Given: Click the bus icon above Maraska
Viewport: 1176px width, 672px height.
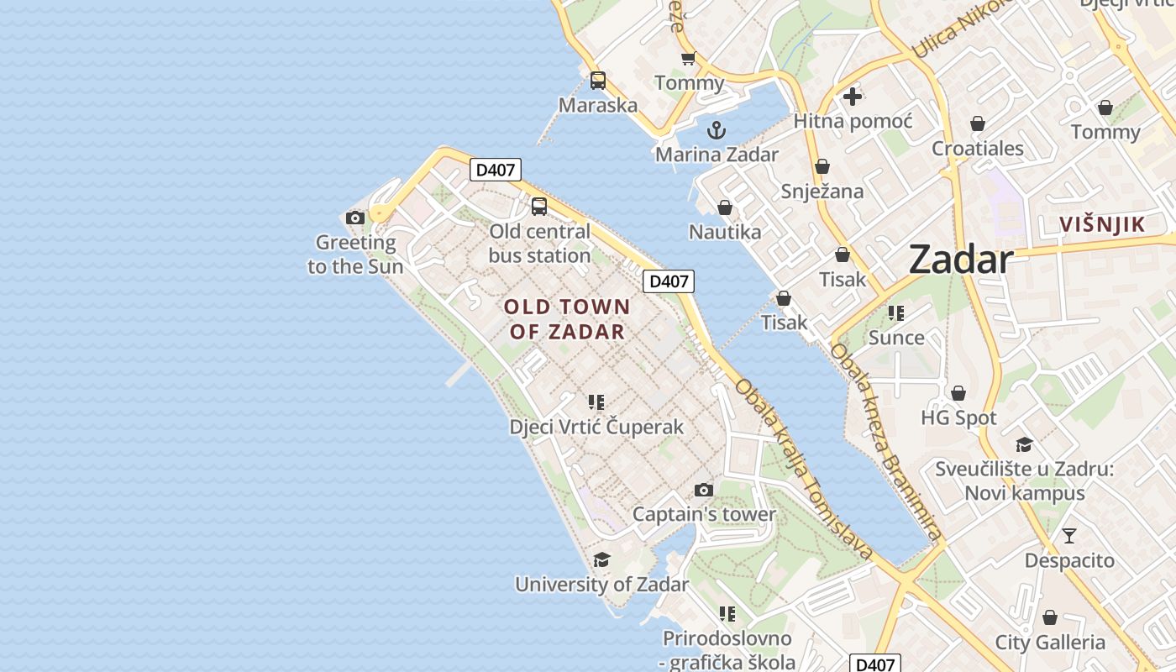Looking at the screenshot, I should tap(597, 81).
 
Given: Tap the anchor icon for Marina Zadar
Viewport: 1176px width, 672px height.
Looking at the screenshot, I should tap(717, 130).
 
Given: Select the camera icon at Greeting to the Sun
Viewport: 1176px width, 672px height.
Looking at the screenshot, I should tap(355, 218).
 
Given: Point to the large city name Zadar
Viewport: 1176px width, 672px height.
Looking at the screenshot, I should tap(961, 260).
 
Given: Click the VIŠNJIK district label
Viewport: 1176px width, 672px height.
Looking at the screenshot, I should tap(1102, 224).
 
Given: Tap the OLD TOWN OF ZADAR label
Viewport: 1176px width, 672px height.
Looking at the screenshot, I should tap(567, 319).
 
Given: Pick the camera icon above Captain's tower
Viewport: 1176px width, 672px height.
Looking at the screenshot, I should tap(704, 491).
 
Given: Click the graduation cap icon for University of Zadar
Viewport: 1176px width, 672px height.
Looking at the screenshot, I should tap(601, 560).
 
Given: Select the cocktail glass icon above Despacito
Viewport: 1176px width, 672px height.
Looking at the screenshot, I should tap(1068, 536).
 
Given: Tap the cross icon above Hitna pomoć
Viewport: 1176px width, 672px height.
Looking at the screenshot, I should tap(853, 97).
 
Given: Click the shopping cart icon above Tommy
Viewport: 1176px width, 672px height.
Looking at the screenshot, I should tap(689, 58).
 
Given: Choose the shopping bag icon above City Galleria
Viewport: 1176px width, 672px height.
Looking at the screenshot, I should tap(1050, 618).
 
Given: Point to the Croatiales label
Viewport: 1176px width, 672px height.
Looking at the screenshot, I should tap(977, 149).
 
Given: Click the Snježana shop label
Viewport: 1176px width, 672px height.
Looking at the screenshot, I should tap(822, 192).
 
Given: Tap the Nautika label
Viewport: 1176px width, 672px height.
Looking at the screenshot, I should tap(725, 232).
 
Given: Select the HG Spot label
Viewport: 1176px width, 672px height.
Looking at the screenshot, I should tap(958, 417).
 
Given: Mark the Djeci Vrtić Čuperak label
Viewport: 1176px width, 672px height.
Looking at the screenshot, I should tap(596, 427).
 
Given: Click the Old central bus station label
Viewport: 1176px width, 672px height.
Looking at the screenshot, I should tap(539, 244).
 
